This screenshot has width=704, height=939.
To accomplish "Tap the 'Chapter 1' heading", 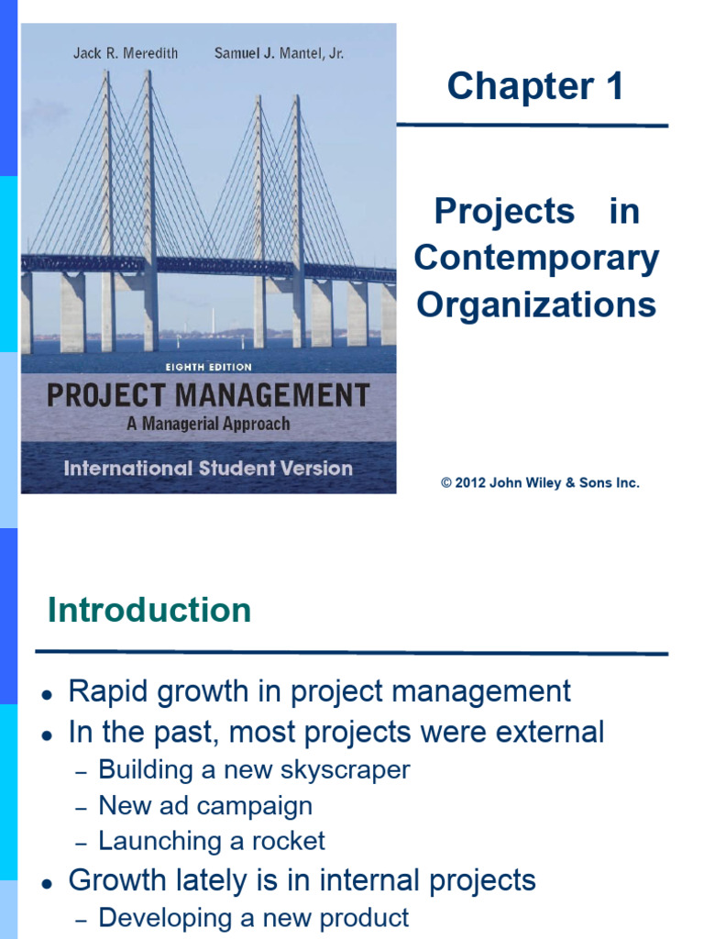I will [534, 87].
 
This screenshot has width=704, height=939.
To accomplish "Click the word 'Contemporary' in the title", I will [536, 259].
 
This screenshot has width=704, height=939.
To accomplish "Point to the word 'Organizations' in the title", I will [536, 305].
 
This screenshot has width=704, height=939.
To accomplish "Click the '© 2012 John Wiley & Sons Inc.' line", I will [540, 482].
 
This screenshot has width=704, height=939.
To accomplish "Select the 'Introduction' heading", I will [149, 611].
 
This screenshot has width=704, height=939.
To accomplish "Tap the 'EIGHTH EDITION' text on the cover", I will [209, 366].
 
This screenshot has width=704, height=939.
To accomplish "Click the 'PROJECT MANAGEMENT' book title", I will [208, 395].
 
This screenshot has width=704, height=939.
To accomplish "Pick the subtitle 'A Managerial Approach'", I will [208, 424].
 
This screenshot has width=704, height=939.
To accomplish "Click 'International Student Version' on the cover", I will [208, 468].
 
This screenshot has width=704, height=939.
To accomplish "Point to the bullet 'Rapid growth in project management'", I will [319, 690].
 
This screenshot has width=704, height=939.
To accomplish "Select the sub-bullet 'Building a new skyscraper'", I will [254, 769].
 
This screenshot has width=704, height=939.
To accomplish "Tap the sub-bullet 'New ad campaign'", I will [205, 806].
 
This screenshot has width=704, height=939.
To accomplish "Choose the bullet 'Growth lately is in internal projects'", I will [302, 881].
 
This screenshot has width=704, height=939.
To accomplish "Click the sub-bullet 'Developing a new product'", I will [254, 917].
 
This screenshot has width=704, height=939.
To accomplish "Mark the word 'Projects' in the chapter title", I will [504, 212].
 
